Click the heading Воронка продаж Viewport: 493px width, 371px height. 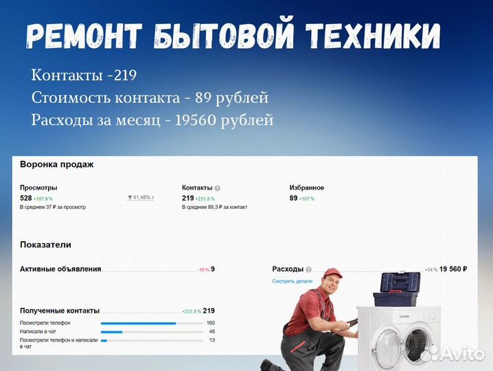[57, 165]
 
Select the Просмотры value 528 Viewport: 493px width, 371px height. [26, 198]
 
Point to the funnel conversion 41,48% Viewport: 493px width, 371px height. [141, 198]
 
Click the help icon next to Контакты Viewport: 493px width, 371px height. [218, 188]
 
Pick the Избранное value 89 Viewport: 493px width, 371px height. [293, 198]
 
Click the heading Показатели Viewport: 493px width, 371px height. [45, 245]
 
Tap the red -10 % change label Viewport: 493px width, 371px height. [203, 269]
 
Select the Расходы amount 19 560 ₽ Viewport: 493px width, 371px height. [453, 269]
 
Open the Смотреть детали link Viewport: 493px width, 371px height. [292, 281]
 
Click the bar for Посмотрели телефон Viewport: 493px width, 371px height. [138, 323]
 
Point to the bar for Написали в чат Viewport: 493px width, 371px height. [112, 332]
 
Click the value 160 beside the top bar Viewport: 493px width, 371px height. [210, 323]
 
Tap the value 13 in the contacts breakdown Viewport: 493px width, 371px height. [211, 340]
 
